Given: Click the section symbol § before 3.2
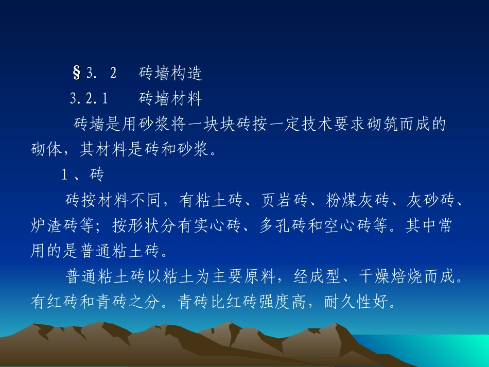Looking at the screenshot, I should tap(77, 74).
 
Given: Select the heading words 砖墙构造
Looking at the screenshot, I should tap(170, 74).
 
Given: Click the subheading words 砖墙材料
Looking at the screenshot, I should tap(170, 98).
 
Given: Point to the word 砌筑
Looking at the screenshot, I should tap(377, 125).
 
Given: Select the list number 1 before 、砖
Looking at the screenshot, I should tap(65, 175).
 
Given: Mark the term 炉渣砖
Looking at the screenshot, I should tap(56, 225).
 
